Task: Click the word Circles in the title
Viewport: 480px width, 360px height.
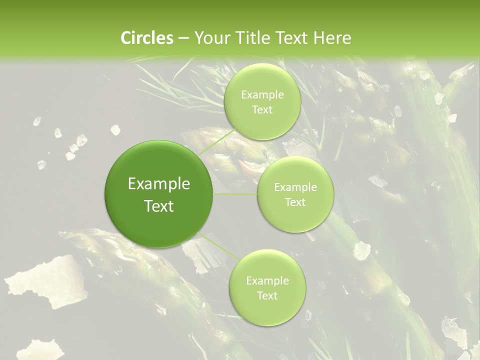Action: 147,38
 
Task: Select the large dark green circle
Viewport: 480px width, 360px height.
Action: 159,194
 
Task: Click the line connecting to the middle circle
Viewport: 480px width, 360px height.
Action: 235,194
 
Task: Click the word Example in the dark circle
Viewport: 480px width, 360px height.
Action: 159,184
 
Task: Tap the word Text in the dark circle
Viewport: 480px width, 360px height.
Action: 159,206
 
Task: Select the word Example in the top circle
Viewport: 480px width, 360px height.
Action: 262,95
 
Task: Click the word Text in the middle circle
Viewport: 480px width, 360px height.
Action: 295,202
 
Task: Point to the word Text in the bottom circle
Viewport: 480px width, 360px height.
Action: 267,296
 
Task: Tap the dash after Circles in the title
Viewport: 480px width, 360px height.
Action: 183,38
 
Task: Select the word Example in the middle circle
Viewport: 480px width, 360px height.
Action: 295,187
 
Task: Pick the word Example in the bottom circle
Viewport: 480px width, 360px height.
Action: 267,281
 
